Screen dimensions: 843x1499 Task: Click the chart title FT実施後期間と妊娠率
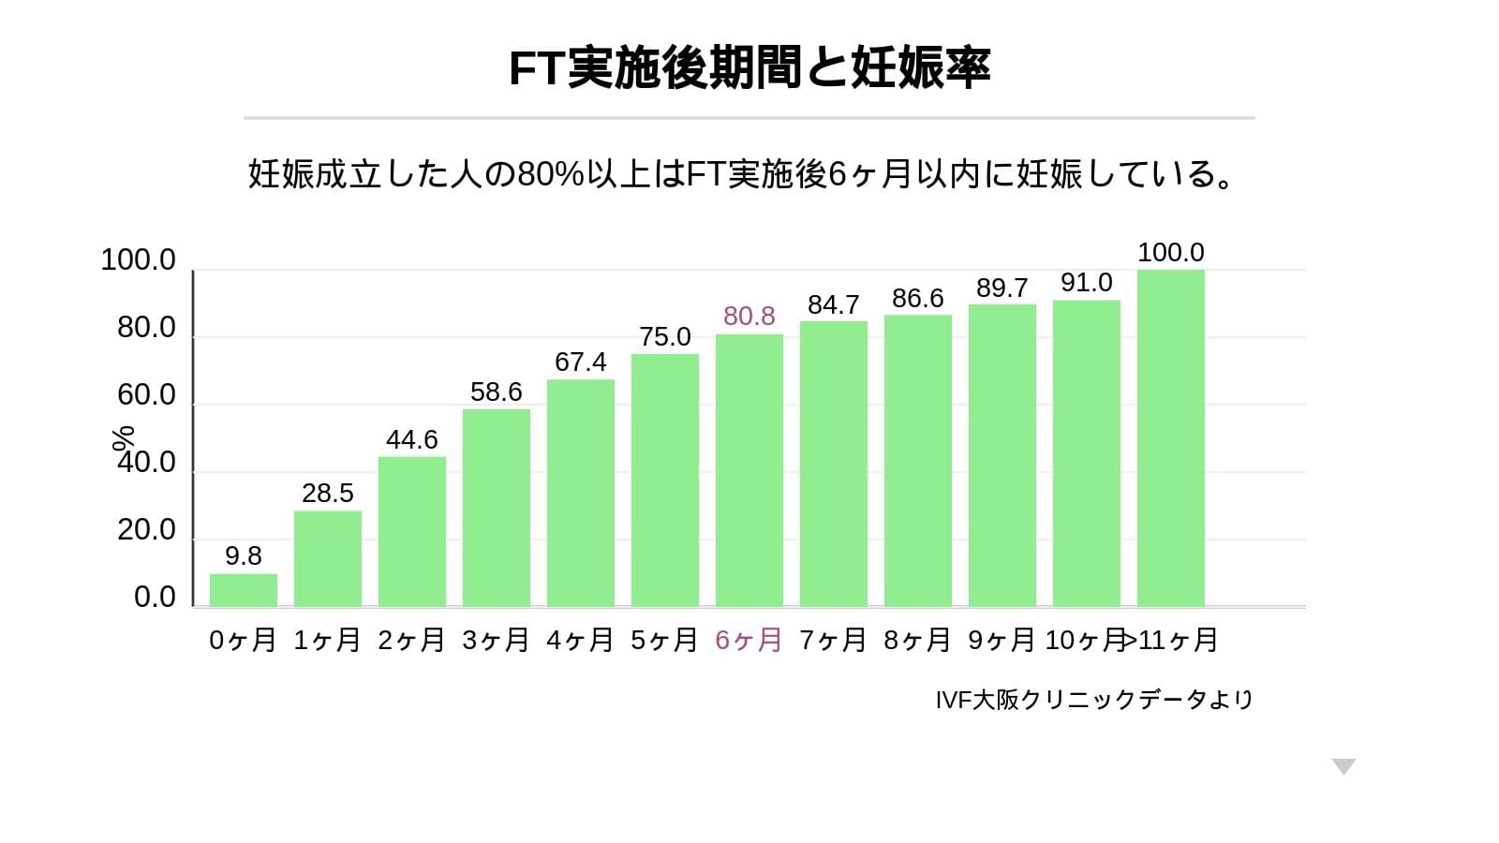tap(749, 67)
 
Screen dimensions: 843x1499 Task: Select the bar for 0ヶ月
tap(244, 590)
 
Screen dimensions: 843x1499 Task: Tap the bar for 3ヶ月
tap(497, 508)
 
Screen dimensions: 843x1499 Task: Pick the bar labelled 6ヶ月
tap(749, 470)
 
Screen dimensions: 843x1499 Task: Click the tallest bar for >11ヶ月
tap(1171, 438)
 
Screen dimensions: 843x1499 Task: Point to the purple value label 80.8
tap(749, 317)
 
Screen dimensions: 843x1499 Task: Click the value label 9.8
tap(244, 556)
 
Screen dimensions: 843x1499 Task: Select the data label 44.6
tap(412, 439)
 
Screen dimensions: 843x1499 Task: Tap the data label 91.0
tap(1087, 283)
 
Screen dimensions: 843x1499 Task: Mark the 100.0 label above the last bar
tap(1171, 253)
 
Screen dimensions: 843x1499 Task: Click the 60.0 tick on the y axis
tap(146, 395)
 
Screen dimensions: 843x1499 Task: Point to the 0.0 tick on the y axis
tap(155, 598)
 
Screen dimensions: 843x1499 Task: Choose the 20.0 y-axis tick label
tap(146, 530)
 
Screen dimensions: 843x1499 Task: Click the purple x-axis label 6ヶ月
tap(749, 641)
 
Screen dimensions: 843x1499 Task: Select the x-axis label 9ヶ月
tap(1002, 641)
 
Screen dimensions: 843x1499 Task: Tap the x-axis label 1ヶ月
tap(327, 641)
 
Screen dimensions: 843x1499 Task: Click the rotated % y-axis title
tap(123, 437)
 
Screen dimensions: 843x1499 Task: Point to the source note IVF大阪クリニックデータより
tap(1093, 700)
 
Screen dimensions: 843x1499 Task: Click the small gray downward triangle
tap(1344, 767)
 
